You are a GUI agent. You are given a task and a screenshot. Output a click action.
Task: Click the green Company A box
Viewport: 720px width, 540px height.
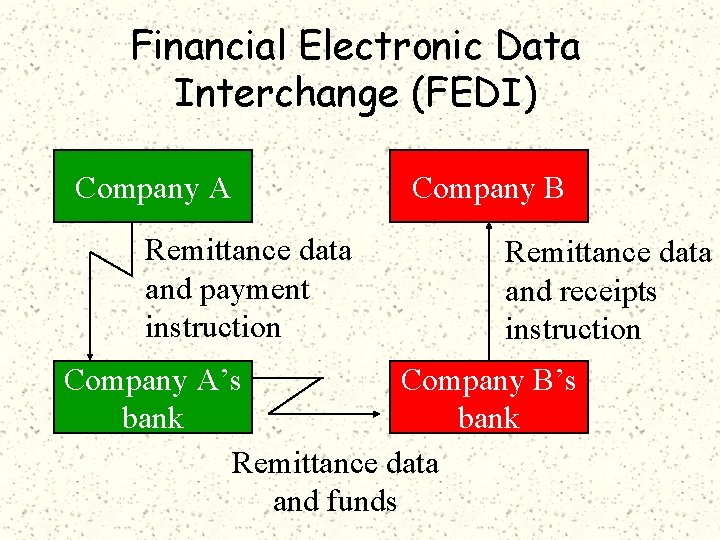click(152, 186)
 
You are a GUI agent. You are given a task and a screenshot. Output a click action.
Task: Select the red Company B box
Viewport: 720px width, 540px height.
click(488, 186)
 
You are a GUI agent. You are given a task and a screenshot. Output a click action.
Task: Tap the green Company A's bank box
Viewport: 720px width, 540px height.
click(152, 399)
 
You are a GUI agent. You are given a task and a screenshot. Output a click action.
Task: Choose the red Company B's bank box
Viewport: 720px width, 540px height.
click(488, 399)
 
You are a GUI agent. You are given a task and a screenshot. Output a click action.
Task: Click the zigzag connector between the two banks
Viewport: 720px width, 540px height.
click(300, 395)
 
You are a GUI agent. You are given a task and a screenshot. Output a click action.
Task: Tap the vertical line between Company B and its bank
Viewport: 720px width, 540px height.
click(489, 300)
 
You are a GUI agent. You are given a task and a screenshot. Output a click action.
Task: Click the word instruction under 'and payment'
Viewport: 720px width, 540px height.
click(213, 327)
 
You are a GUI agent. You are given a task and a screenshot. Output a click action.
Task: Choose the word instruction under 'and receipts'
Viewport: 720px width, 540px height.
click(572, 329)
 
